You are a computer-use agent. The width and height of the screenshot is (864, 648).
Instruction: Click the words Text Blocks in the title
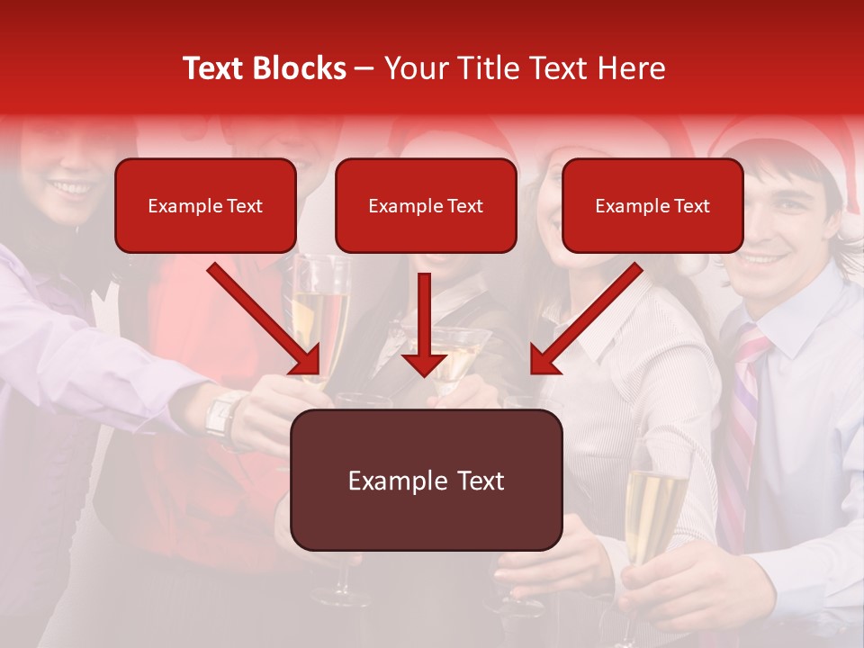[264, 68]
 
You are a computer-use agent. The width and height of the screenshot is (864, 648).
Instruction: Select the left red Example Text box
[205, 205]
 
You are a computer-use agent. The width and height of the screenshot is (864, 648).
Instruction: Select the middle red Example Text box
[426, 205]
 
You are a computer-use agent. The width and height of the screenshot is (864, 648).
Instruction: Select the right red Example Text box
[652, 205]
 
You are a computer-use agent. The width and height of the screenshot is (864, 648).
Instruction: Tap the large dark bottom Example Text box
[426, 480]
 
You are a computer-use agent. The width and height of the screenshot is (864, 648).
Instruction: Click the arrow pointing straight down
[424, 324]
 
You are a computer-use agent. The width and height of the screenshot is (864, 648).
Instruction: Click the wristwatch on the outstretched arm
[221, 416]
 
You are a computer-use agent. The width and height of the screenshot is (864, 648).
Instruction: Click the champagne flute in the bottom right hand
[654, 504]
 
